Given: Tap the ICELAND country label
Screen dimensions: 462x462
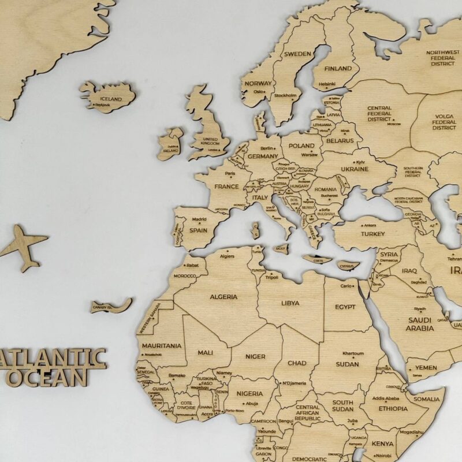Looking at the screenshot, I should [x=111, y=99].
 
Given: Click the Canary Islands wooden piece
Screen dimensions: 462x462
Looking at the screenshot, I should [x=110, y=305].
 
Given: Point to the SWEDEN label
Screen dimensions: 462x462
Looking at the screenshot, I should [x=297, y=54].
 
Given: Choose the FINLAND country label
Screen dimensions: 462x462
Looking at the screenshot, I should [x=338, y=69].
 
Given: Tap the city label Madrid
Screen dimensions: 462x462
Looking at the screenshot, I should [x=199, y=219].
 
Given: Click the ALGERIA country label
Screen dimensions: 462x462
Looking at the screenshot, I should [x=223, y=297].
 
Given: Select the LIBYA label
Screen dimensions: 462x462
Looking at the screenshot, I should [x=290, y=303].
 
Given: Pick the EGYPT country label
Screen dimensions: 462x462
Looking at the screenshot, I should [x=345, y=307].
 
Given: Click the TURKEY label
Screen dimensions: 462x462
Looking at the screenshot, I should [x=372, y=234].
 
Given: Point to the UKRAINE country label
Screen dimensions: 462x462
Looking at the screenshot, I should [x=354, y=169].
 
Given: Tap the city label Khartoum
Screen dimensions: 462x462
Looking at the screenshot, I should [x=353, y=353].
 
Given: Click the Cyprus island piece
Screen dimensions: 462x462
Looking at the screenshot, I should [x=346, y=266].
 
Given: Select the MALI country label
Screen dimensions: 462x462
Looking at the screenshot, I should [x=205, y=352].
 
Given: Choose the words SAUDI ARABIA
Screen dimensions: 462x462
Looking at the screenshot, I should [x=420, y=324].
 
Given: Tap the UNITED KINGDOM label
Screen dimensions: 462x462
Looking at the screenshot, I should [x=210, y=141].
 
